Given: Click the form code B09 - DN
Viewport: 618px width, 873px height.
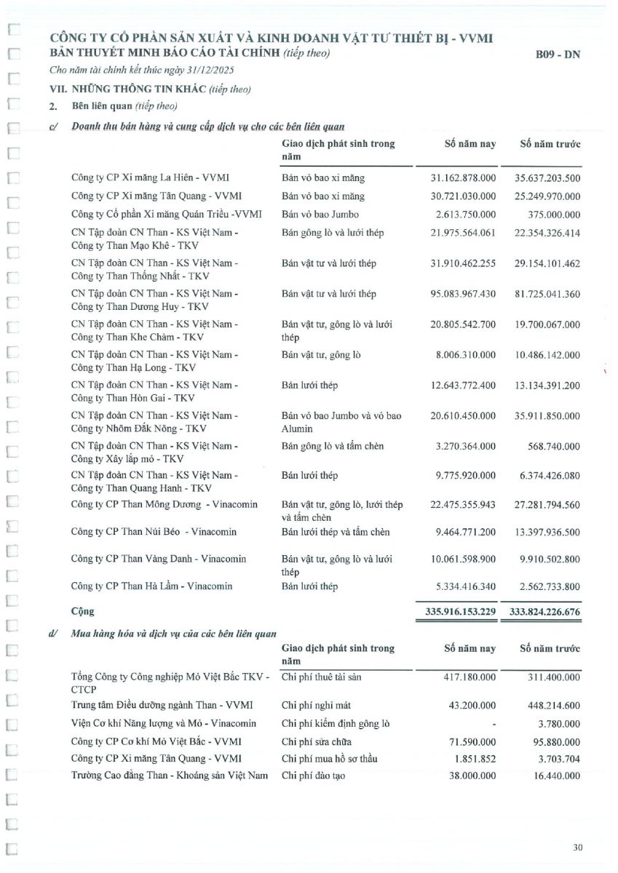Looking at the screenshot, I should coord(557,54).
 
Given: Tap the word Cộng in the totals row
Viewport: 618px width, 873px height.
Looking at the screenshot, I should coord(82,612).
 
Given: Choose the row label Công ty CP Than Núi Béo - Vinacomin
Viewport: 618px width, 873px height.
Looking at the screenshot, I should coord(154,532).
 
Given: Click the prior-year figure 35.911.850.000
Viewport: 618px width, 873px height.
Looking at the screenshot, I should coord(544,415).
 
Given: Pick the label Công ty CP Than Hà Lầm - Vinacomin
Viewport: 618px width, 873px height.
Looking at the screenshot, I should coord(154,586).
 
